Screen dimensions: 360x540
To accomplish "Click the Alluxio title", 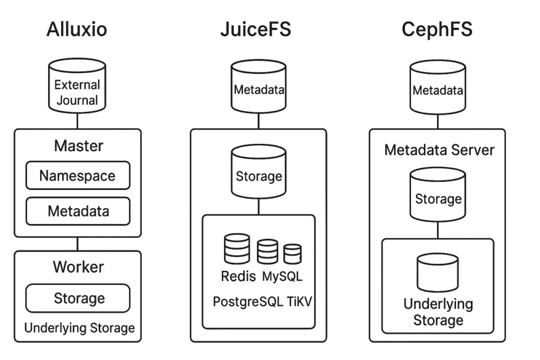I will point(76,29).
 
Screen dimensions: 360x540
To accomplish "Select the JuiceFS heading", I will point(255,29).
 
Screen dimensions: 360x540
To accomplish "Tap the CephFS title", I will point(436,29).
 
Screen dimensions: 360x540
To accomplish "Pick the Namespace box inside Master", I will point(77,175).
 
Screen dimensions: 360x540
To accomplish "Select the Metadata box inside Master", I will point(77,211).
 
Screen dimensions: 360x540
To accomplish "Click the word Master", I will point(78,146).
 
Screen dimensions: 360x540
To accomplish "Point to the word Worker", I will point(78,266).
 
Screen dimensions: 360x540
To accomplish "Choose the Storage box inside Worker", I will point(78,298).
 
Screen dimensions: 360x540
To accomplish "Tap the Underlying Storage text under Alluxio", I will point(79,328).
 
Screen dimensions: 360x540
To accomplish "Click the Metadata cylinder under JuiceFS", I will point(258,88).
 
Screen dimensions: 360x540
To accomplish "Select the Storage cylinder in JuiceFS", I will point(258,173).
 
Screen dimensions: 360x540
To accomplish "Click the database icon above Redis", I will point(237,249).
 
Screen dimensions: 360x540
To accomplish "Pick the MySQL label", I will point(282,276).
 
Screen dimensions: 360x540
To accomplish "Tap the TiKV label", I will point(297,301).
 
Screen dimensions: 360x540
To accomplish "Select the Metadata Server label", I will point(439,150).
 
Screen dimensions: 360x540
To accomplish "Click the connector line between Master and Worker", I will point(77,244).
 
